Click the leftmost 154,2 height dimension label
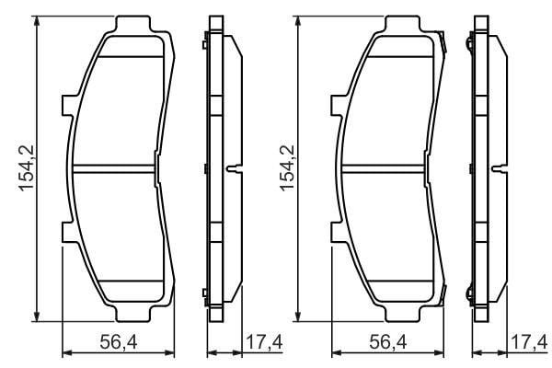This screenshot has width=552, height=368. point(27,168)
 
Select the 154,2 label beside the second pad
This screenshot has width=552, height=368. point(287,168)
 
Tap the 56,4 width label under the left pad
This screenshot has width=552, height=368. point(119,342)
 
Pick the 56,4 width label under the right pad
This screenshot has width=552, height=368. point(388,342)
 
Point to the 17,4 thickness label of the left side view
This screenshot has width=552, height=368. point(264,342)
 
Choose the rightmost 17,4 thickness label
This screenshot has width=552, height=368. point(530,342)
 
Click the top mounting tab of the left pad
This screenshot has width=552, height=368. point(133,24)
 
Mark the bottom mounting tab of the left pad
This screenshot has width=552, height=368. point(133,314)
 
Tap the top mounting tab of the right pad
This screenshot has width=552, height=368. point(402,24)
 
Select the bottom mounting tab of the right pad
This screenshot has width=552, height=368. point(402,314)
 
